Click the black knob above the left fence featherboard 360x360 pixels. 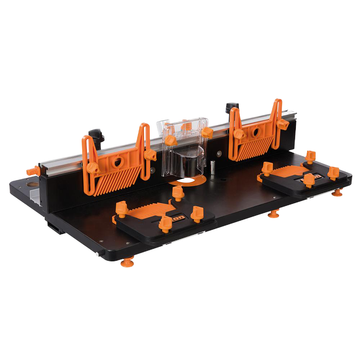click(96, 136)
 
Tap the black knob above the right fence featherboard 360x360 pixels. click(232, 108)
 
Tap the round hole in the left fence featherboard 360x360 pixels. click(117, 163)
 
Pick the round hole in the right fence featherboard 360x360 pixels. click(256, 132)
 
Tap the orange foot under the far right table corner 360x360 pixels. click(337, 193)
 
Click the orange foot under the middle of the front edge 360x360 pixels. click(274, 214)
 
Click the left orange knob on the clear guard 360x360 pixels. click(171, 140)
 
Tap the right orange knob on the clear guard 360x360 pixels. click(207, 132)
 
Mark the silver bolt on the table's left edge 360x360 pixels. click(98, 254)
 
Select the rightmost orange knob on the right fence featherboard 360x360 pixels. click(282, 124)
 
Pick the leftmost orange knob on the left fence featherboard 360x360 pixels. click(92, 167)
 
